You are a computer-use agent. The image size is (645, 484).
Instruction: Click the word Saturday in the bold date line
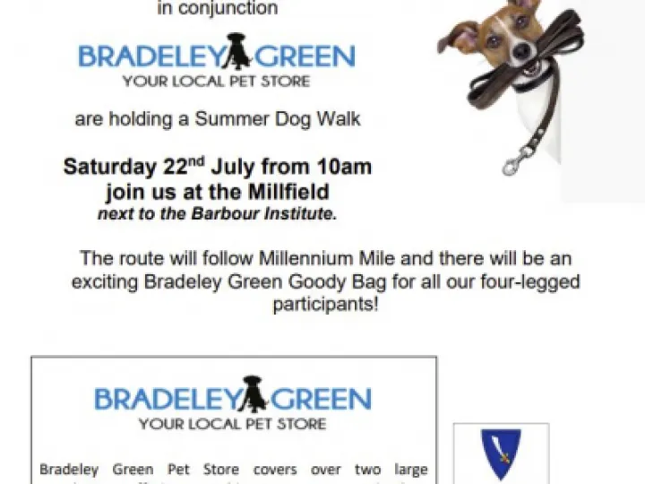pyautogui.click(x=106, y=167)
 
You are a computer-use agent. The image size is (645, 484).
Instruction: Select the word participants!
pyautogui.click(x=325, y=305)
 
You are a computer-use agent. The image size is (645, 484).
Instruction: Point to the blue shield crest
pyautogui.click(x=501, y=454)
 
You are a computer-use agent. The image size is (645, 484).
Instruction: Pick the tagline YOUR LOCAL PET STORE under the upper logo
pyautogui.click(x=217, y=82)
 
